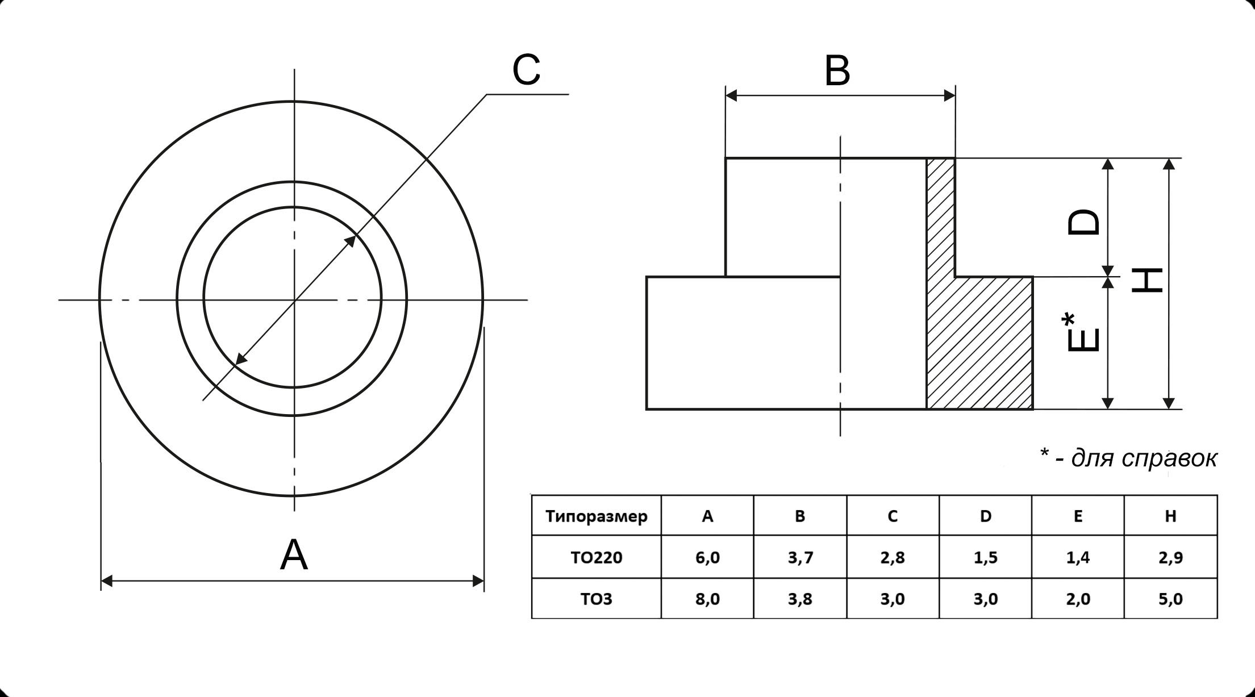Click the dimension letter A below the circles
(x=294, y=555)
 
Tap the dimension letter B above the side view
(x=837, y=72)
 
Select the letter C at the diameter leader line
(x=526, y=70)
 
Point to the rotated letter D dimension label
(x=1083, y=223)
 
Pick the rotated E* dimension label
(x=1081, y=333)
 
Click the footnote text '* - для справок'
(x=1128, y=457)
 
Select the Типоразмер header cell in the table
(x=596, y=516)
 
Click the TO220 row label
(x=596, y=557)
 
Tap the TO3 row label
(x=596, y=599)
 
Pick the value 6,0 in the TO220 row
(x=707, y=557)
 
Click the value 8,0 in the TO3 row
(x=707, y=599)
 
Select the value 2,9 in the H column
(x=1170, y=557)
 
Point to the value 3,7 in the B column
(x=800, y=557)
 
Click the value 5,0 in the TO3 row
(x=1170, y=599)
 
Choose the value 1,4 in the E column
(x=1078, y=557)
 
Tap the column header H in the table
(x=1170, y=516)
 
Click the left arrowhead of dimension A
(x=107, y=581)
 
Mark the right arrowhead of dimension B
(x=949, y=95)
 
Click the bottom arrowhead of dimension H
(x=1169, y=403)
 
